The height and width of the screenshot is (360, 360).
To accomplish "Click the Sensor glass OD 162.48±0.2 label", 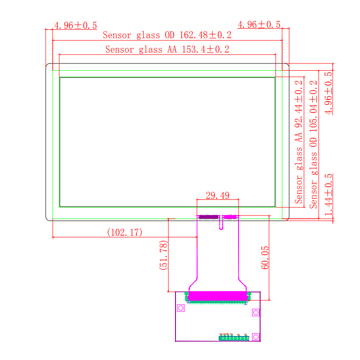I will click(167, 35).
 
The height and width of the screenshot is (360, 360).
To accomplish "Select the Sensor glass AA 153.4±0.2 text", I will click(167, 49).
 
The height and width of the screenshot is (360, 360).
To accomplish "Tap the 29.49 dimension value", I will click(217, 195).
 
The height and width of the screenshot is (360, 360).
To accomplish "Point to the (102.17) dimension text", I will click(125, 232).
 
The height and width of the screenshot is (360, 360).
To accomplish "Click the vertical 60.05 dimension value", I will click(265, 257).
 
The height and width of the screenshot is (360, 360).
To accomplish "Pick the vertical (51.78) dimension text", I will click(164, 255).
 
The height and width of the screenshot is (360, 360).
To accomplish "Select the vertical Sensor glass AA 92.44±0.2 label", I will click(299, 142).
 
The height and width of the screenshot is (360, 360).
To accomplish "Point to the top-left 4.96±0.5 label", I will click(75, 25).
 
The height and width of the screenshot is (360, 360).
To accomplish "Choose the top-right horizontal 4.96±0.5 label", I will click(259, 24).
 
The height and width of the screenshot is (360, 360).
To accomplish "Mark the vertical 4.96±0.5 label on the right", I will click(328, 93).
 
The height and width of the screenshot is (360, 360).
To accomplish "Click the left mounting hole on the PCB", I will click(181, 308).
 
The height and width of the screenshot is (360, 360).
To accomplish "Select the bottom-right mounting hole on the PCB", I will click(256, 336).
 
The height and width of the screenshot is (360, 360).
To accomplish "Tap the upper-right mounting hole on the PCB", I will click(256, 312).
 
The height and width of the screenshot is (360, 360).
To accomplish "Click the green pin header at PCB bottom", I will click(234, 338).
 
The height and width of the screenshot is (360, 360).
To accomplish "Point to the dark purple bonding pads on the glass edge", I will click(208, 217).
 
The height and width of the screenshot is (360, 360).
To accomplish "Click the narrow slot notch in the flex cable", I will click(221, 223).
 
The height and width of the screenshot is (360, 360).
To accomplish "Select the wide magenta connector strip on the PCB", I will click(218, 296).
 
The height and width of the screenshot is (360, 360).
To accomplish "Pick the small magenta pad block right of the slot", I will click(230, 217).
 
